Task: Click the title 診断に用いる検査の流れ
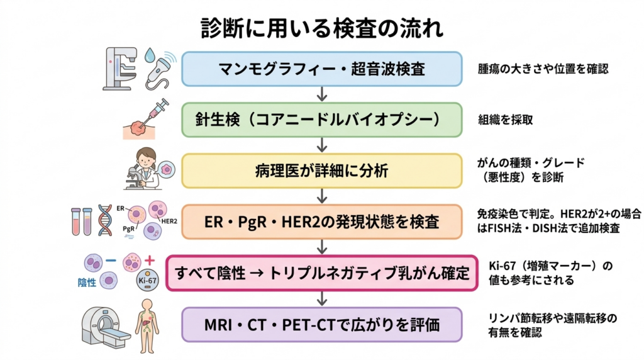tap(322, 28)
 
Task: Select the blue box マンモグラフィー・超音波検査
tap(322, 69)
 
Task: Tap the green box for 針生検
tap(322, 119)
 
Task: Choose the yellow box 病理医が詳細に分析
tap(322, 170)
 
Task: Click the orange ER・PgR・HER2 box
tap(322, 222)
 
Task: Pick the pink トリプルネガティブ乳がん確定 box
tap(322, 273)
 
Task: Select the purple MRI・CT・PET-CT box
tap(322, 325)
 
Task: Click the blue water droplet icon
tap(151, 56)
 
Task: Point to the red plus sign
tap(150, 259)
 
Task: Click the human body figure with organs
tap(147, 325)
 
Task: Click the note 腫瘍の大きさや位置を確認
tap(543, 69)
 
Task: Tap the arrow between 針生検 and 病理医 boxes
tap(322, 145)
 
